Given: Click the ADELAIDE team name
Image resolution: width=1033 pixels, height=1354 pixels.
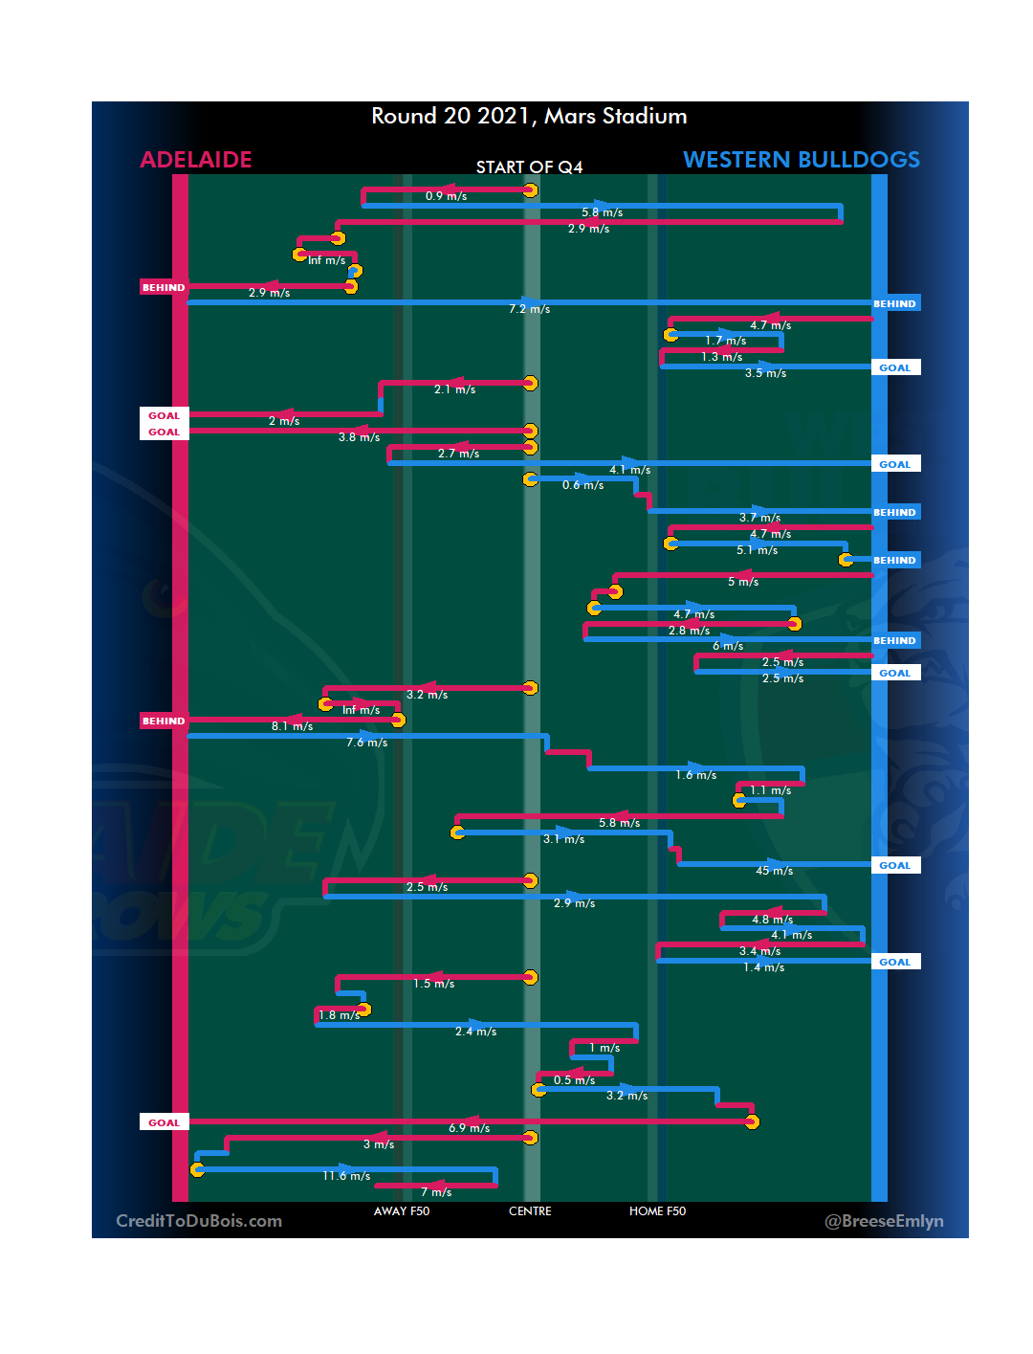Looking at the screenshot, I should pyautogui.click(x=196, y=160).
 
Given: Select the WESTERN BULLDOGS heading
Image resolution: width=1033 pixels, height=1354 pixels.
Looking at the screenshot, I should pyautogui.click(x=802, y=160).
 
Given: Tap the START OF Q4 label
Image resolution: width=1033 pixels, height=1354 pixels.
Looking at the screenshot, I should pyautogui.click(x=529, y=167).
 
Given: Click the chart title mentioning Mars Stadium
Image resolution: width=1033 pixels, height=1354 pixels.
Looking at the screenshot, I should pyautogui.click(x=529, y=116).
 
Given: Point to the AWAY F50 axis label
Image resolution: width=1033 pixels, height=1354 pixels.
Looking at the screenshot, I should pyautogui.click(x=402, y=1211).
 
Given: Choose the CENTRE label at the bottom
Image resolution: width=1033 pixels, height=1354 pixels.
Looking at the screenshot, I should pyautogui.click(x=530, y=1211).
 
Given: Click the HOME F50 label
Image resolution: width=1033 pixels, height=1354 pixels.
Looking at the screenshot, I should pyautogui.click(x=657, y=1211).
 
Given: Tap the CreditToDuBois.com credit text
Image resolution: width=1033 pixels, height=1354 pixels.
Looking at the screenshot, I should pyautogui.click(x=199, y=1221).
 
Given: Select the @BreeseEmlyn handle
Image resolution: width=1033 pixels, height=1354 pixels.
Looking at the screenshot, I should pyautogui.click(x=884, y=1221).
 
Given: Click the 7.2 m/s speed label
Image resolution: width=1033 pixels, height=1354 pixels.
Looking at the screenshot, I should pyautogui.click(x=529, y=309).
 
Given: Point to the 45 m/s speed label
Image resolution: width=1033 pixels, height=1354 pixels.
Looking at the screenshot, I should pyautogui.click(x=774, y=871).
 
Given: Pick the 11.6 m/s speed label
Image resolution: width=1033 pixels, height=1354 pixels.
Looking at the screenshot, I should pyautogui.click(x=346, y=1176).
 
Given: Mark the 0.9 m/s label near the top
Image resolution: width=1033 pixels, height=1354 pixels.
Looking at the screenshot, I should pyautogui.click(x=446, y=196).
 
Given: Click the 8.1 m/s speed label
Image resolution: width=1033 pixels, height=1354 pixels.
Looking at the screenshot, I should pyautogui.click(x=292, y=726).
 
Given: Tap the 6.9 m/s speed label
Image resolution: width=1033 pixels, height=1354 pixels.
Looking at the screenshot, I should pyautogui.click(x=469, y=1128).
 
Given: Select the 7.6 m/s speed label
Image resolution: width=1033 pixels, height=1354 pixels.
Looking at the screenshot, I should pyautogui.click(x=366, y=743).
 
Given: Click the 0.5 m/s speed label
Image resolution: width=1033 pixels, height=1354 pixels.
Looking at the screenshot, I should pyautogui.click(x=574, y=1080).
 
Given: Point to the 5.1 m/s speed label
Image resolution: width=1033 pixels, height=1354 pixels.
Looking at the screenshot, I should pyautogui.click(x=757, y=550).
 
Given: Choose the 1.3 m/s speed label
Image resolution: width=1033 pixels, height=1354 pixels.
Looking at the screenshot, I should pyautogui.click(x=721, y=357).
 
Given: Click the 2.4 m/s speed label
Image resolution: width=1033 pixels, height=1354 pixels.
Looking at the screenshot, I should pyautogui.click(x=475, y=1032).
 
